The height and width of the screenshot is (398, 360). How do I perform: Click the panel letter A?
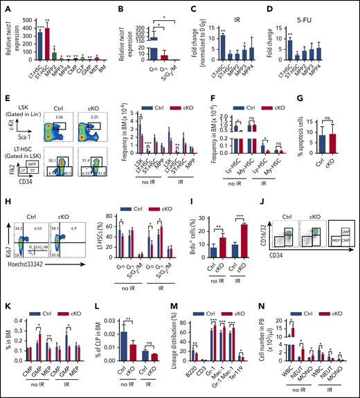[6, 6]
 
